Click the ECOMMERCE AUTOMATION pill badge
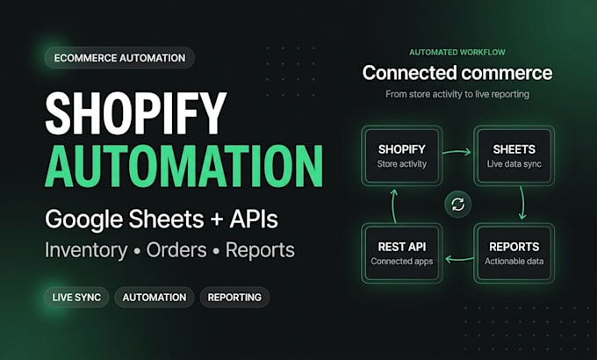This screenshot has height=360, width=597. [119, 58]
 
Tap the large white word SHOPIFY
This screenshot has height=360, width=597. [136, 114]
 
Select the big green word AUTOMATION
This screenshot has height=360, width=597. [183, 167]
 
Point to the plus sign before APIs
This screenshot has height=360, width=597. [217, 220]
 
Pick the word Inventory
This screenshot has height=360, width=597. [86, 250]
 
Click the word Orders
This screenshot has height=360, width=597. [176, 250]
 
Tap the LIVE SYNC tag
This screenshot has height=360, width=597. [77, 297]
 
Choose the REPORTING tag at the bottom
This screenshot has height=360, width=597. [234, 297]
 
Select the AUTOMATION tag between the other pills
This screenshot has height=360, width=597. [155, 297]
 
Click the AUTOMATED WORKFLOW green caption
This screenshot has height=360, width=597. [457, 52]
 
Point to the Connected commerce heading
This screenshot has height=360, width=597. [457, 73]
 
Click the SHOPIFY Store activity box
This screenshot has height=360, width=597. [402, 155]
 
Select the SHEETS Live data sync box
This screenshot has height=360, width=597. [514, 155]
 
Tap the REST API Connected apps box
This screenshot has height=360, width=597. [402, 253]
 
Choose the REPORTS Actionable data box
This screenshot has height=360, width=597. [514, 253]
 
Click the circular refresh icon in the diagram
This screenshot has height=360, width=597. [457, 205]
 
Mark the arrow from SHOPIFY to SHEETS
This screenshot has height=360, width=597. [457, 152]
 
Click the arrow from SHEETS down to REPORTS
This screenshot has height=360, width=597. [522, 203]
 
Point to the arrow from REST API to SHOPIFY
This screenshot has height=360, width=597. [394, 205]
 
